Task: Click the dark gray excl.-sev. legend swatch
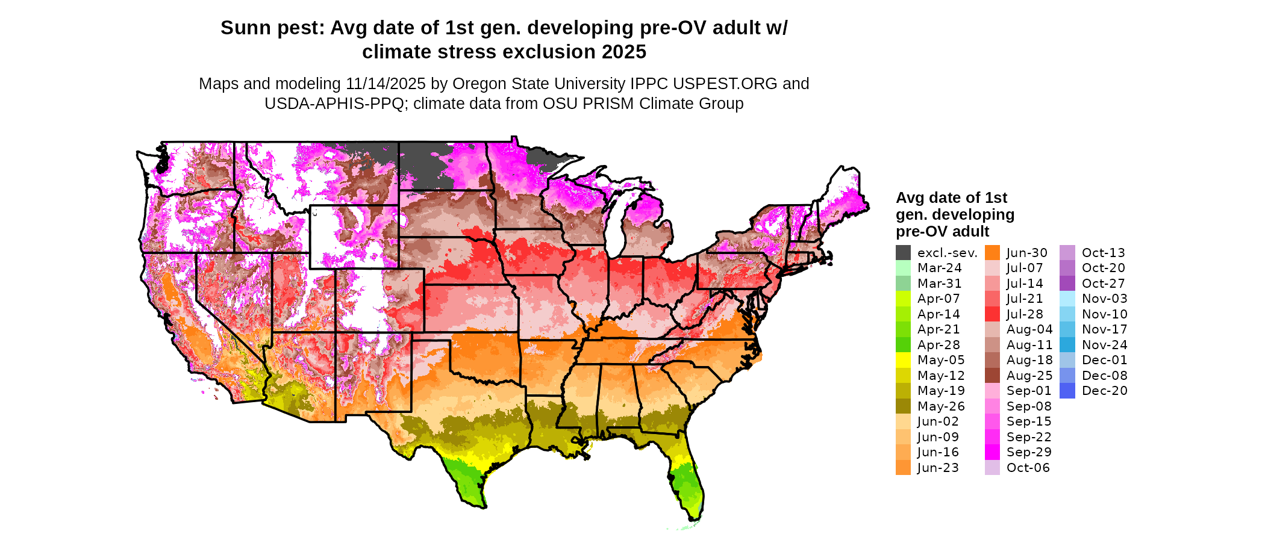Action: point(903,253)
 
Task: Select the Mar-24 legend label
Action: point(939,268)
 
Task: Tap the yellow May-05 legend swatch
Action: point(903,360)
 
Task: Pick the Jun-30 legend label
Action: point(1027,253)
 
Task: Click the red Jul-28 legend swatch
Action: point(992,314)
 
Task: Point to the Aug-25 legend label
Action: point(1029,376)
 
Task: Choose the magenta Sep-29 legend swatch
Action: point(992,452)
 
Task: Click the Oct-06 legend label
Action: point(1028,468)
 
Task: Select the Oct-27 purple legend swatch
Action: point(1067,284)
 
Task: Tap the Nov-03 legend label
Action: point(1104,299)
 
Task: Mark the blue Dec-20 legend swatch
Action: point(1067,391)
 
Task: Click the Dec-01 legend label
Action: point(1104,360)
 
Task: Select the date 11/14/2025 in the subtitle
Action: point(386,84)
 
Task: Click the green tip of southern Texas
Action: point(470,485)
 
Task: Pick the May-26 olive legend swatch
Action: point(903,406)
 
